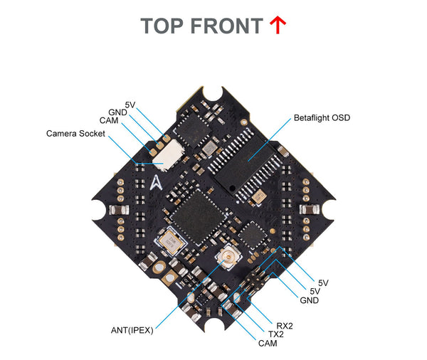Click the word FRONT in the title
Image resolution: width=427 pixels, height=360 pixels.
pyautogui.click(x=227, y=26)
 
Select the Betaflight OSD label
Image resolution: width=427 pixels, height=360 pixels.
pyautogui.click(x=322, y=117)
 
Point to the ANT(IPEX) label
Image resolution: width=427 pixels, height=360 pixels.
pyautogui.click(x=132, y=329)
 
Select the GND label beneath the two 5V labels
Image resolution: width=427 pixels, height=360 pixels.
pyautogui.click(x=309, y=301)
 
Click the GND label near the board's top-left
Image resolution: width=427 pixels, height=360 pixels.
pyautogui.click(x=118, y=112)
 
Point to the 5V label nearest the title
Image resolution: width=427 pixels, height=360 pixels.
pyautogui.click(x=130, y=105)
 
